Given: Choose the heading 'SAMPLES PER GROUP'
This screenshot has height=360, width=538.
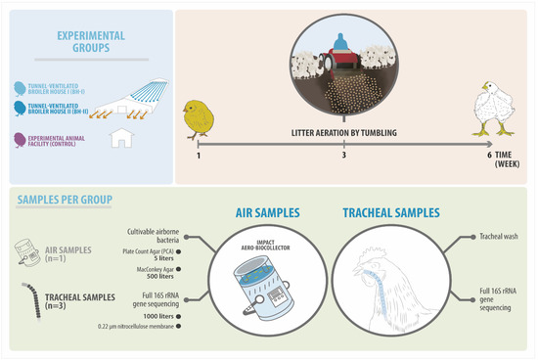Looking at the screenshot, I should point(64,201).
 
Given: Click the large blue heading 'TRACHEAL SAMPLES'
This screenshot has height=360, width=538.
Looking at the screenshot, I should point(392,211).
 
